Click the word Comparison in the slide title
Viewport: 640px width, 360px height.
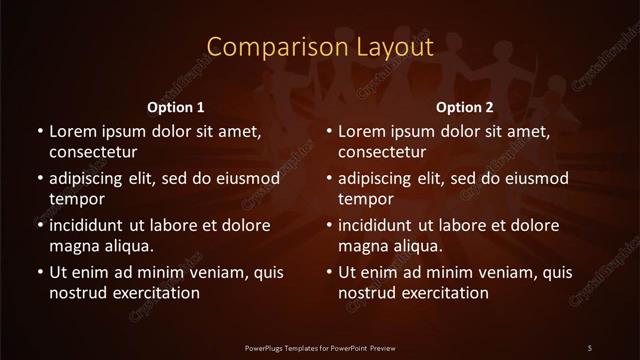(x=262, y=47)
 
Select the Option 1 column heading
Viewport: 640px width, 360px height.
(x=176, y=107)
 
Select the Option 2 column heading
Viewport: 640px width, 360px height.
(x=465, y=107)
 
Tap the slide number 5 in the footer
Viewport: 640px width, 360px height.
(x=590, y=347)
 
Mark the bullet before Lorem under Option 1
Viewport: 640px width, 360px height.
(x=39, y=131)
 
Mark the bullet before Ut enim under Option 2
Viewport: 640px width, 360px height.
(x=330, y=271)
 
